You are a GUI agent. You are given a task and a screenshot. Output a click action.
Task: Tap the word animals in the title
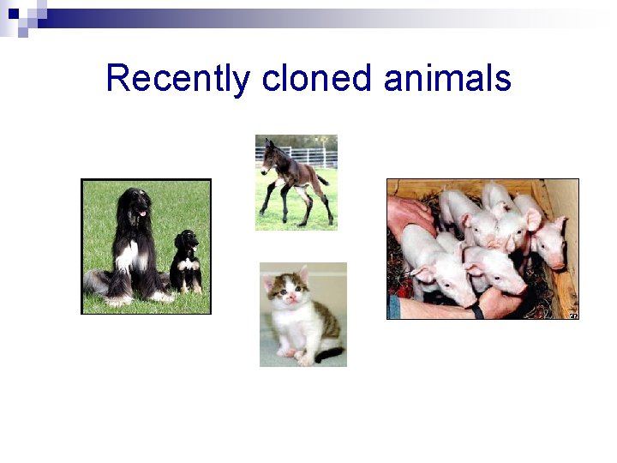pos(447,79)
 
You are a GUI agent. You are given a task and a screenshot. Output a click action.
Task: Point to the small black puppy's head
pos(185,239)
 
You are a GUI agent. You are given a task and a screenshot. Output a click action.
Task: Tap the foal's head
pos(273,153)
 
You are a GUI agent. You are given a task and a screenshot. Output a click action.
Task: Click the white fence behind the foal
pos(317,157)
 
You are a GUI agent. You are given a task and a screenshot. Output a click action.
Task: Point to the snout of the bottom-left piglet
pos(467,300)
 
